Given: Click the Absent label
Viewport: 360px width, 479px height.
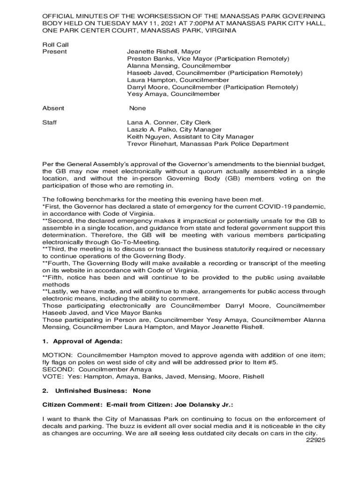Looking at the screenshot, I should pos(53,108).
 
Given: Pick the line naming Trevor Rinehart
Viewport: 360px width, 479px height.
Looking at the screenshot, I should pos(208,144).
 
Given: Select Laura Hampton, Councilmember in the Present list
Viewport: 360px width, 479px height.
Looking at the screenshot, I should pos(172,80).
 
